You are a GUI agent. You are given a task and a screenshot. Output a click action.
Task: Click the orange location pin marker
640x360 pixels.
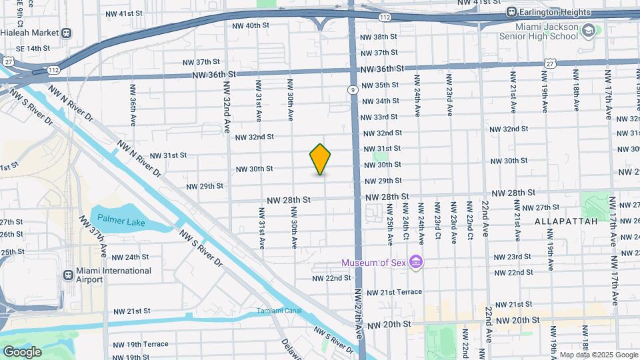(320, 159)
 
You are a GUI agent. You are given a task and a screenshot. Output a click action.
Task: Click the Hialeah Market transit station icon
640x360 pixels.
(66, 33)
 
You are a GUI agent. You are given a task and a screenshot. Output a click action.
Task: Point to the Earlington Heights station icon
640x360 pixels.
(512, 12)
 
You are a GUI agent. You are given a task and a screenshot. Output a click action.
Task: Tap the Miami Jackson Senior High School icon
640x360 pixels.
(588, 31)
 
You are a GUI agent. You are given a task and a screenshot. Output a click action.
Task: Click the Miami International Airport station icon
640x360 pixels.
(68, 275)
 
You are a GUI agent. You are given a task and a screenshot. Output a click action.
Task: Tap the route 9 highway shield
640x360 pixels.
(351, 90)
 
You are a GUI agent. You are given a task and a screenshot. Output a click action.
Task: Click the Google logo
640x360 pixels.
(22, 351)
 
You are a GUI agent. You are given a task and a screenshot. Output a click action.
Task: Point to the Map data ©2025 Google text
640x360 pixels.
(599, 355)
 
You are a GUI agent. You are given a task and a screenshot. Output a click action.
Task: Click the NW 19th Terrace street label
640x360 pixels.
(140, 344)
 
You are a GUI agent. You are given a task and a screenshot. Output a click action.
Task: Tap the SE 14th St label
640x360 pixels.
(29, 49)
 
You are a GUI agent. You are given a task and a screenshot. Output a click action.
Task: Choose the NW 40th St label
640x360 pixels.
(251, 25)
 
